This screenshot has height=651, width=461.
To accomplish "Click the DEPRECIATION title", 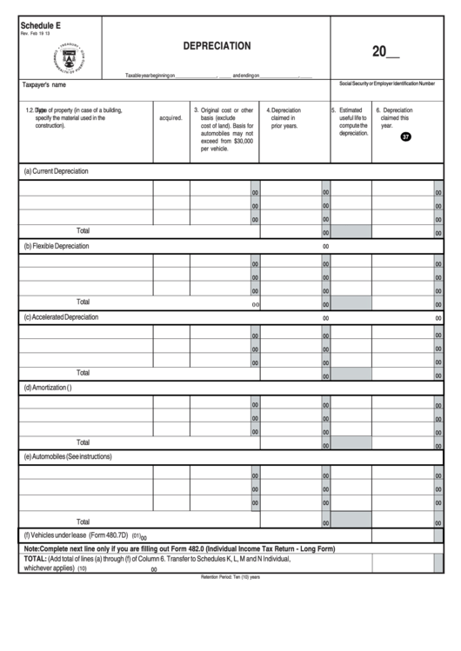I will (217, 45).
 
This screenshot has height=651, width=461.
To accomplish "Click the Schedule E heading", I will (41, 26).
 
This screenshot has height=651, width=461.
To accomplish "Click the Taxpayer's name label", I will (44, 85).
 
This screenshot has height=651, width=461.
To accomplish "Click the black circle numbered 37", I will (405, 136).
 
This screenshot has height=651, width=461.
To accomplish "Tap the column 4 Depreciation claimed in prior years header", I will (284, 118).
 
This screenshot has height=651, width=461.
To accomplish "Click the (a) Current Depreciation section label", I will (56, 171).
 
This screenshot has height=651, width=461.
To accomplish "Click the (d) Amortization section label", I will (47, 388).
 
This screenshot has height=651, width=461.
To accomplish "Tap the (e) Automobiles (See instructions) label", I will (68, 456).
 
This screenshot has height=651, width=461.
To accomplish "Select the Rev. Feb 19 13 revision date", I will (36, 35).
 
